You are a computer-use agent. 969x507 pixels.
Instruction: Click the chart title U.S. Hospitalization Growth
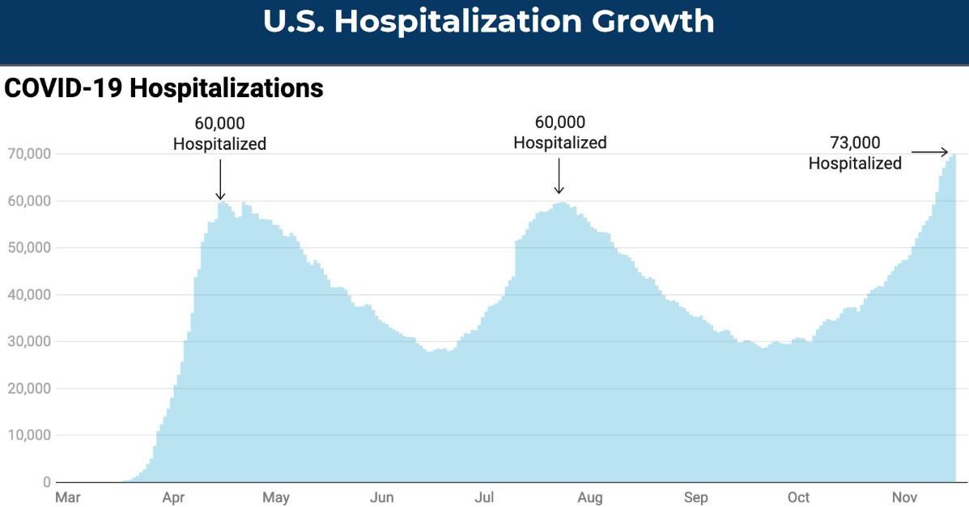tap(488, 22)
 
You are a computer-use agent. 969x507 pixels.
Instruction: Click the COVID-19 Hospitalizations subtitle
tap(164, 88)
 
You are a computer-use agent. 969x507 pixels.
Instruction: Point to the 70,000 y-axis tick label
tap(29, 153)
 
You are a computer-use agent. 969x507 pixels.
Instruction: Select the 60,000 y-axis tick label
tap(29, 201)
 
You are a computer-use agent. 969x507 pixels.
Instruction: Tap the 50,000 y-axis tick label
tap(29, 248)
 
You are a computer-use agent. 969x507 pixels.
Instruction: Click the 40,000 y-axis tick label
tap(29, 295)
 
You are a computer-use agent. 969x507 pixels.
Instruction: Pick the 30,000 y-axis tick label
tap(29, 342)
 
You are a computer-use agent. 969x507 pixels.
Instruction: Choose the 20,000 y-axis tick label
tap(29, 389)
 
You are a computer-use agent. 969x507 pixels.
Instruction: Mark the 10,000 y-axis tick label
tap(29, 436)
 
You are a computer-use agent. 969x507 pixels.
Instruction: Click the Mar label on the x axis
tap(67, 497)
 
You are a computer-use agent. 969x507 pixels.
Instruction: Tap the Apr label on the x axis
tap(172, 497)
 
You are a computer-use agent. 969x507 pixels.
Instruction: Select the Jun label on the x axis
tap(381, 497)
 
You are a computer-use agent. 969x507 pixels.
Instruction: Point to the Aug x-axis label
tap(590, 497)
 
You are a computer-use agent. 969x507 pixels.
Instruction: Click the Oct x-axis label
tap(799, 497)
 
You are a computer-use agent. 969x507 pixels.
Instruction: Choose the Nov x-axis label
tap(904, 497)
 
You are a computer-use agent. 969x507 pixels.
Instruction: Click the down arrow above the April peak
tap(220, 178)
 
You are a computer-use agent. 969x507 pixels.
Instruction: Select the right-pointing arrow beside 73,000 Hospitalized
tap(929, 151)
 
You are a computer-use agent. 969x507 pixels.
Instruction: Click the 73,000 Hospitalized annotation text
tap(855, 153)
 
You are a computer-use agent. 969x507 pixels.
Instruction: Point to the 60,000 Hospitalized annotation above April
tap(219, 134)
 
